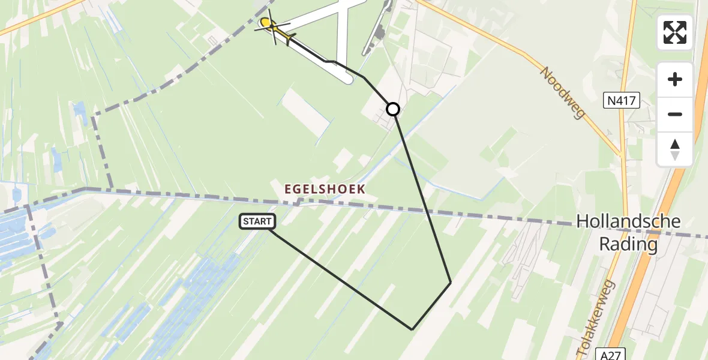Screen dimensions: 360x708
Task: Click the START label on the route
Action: [257, 221]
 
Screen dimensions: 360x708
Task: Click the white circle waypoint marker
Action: [393, 109]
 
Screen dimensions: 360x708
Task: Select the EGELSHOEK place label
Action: [325, 188]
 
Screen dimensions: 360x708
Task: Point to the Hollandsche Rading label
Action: [628, 233]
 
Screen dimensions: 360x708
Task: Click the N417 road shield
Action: [622, 101]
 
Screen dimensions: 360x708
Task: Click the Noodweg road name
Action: [562, 92]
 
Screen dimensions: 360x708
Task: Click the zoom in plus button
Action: [675, 79]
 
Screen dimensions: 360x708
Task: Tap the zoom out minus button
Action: [675, 114]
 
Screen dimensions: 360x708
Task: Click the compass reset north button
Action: [675, 149]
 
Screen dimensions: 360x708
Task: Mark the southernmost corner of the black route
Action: [412, 329]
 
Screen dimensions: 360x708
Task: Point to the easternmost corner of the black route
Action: [451, 282]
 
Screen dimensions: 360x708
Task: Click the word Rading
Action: [628, 245]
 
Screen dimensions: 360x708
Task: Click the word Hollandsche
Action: [628, 221]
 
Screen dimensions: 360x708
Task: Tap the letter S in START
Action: [246, 221]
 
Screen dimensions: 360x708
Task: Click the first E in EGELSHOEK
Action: [288, 188]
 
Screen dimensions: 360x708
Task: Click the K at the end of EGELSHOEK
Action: [361, 188]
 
